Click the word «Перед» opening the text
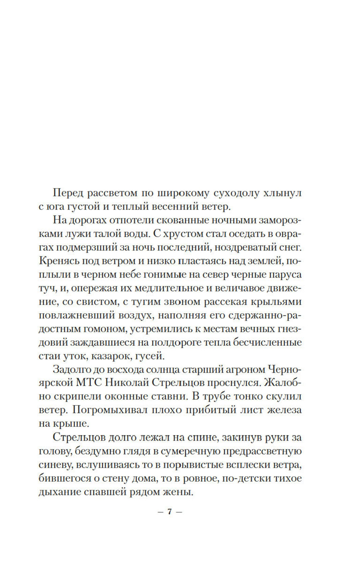[x=68, y=193]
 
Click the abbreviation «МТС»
[x=86, y=384]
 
